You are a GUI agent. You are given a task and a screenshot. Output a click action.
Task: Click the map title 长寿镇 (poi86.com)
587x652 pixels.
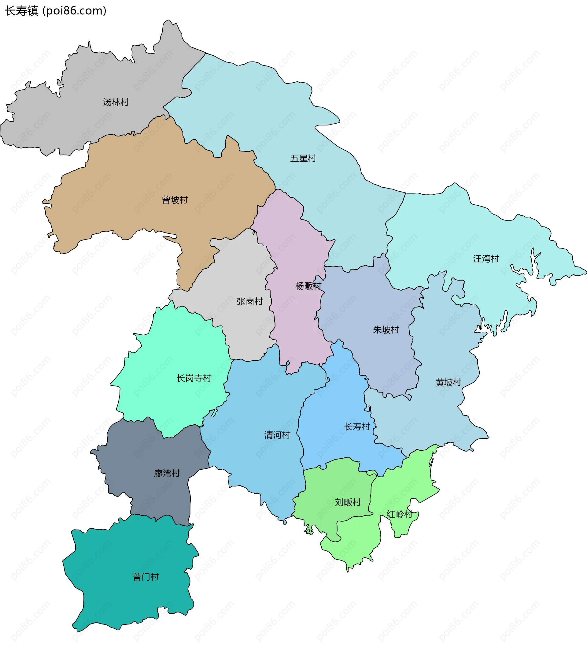55,11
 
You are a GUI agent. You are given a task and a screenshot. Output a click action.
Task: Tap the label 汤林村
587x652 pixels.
116,102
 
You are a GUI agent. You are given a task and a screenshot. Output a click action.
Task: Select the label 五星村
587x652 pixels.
303,158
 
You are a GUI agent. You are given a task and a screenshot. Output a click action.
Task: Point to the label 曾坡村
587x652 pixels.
175,200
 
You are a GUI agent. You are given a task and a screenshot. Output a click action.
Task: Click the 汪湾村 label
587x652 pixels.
486,259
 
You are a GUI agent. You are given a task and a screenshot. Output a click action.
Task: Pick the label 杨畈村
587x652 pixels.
308,286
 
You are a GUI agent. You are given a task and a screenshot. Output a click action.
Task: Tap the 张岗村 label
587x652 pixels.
250,301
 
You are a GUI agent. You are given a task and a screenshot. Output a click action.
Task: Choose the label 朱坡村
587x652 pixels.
386,330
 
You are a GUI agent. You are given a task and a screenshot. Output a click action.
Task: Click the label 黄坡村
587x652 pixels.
448,382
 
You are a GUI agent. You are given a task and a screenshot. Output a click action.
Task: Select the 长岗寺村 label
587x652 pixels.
194,378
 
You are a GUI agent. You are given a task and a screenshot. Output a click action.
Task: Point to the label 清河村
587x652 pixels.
277,435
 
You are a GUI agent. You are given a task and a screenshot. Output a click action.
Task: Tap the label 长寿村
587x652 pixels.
357,427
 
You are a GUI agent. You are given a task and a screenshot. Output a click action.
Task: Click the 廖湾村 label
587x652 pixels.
167,474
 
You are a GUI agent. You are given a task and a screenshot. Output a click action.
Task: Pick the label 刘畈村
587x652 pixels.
348,502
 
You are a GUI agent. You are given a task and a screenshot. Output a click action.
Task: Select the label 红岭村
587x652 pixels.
399,515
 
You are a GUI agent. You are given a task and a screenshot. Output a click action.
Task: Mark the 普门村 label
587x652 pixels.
146,577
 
